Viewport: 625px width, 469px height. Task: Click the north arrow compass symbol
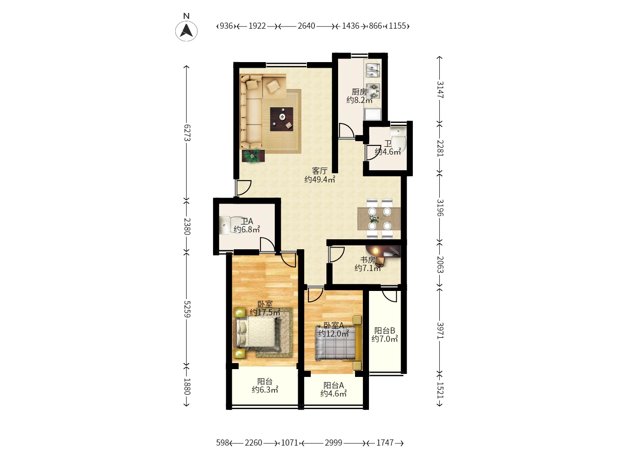(x=186, y=30)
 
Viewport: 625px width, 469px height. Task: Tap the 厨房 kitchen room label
(x=359, y=92)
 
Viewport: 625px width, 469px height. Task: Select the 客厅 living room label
(x=319, y=171)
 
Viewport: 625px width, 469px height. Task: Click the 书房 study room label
(x=368, y=260)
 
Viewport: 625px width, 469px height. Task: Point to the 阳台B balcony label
(x=385, y=330)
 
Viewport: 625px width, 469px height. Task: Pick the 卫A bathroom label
(x=247, y=221)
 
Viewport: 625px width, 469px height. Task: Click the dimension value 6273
(x=187, y=132)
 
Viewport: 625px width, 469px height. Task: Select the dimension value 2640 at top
(x=306, y=26)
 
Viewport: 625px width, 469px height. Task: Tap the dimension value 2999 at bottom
(x=333, y=443)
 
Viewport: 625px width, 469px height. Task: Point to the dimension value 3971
(x=440, y=330)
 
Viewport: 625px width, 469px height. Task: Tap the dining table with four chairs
(x=379, y=218)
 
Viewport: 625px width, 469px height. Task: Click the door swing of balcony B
(x=390, y=295)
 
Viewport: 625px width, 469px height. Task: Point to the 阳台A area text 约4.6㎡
(x=333, y=394)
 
